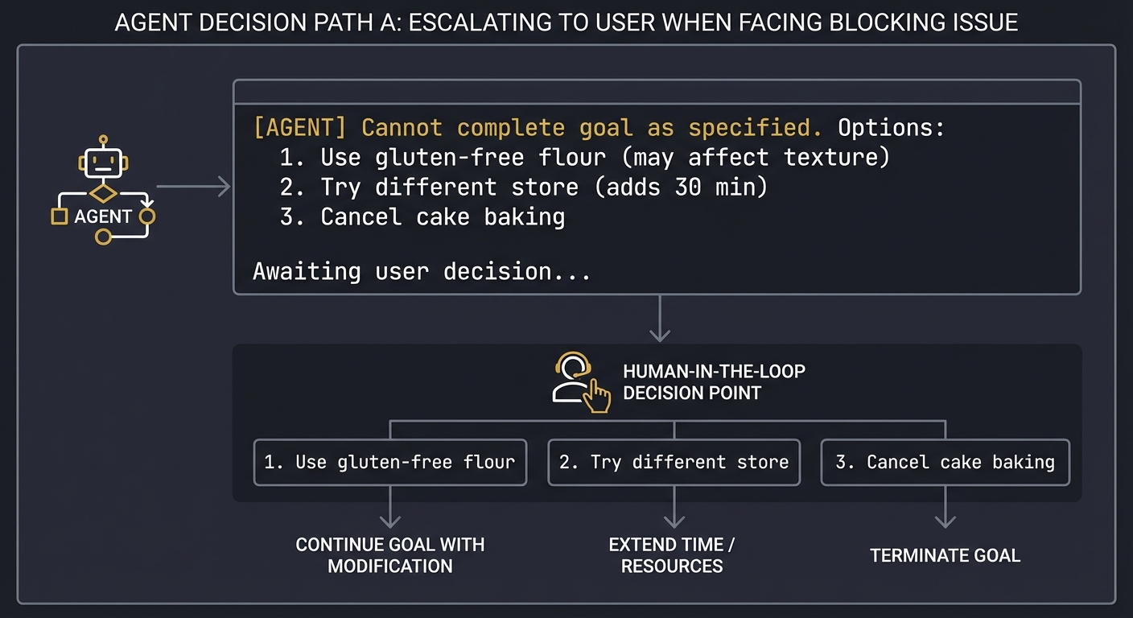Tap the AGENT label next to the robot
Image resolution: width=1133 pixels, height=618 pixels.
point(102,216)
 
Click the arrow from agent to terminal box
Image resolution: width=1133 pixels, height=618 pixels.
point(193,187)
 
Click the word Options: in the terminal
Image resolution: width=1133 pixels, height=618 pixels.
point(891,128)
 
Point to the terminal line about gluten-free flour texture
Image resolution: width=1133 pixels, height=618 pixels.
point(585,157)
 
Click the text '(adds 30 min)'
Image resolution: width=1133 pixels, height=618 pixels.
point(678,187)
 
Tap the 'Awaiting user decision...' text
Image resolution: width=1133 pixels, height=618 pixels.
point(422,271)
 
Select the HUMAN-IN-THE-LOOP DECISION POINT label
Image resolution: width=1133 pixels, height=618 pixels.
point(714,382)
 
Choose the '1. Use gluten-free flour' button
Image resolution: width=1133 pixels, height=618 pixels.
point(390,462)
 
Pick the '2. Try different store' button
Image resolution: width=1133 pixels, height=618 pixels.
point(674,462)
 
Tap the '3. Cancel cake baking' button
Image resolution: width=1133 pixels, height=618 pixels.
point(945,462)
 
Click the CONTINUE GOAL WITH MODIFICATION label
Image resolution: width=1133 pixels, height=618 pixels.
point(390,555)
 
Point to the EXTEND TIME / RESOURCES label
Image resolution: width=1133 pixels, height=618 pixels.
point(672,555)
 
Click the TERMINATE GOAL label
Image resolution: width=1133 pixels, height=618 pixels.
point(945,555)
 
